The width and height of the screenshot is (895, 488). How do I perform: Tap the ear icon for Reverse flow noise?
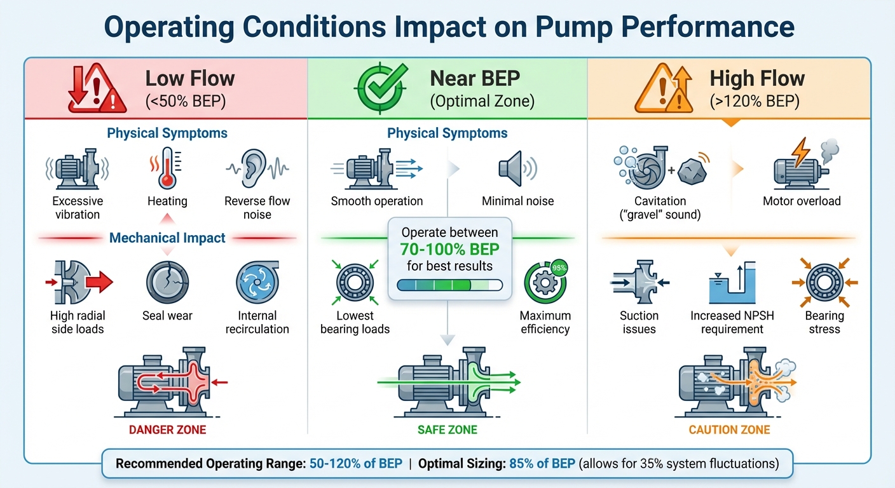click(257, 168)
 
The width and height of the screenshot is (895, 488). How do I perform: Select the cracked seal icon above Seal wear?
click(167, 283)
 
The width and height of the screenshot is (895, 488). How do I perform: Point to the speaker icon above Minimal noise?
click(515, 168)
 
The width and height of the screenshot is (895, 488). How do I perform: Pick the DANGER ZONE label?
click(168, 430)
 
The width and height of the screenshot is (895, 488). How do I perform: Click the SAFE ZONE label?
click(447, 430)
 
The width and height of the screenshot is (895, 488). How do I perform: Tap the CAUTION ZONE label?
click(729, 430)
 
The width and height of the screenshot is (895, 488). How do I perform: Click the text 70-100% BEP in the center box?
click(449, 249)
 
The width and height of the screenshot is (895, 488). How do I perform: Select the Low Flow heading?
click(190, 79)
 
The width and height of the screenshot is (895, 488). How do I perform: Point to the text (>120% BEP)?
click(757, 100)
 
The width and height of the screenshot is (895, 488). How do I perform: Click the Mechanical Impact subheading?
click(167, 238)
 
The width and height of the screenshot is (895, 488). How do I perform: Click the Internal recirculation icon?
click(257, 283)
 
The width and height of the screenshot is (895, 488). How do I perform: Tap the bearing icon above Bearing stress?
click(824, 283)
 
